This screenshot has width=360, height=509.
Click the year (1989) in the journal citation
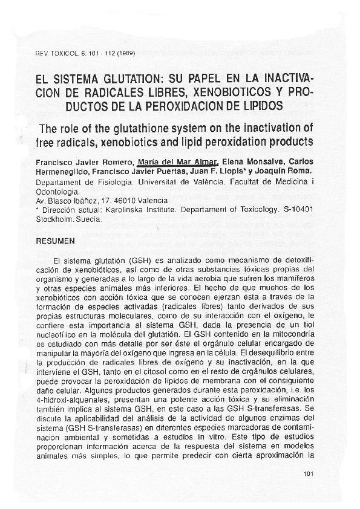[123, 53]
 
